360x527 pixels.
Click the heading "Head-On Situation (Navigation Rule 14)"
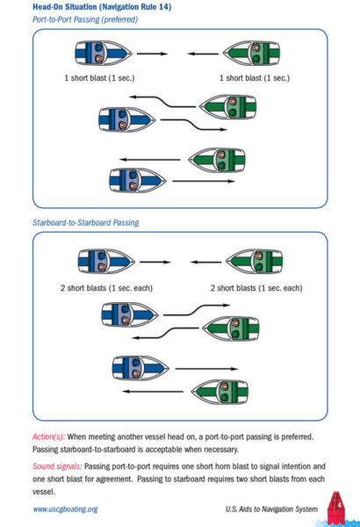pyautogui.click(x=102, y=7)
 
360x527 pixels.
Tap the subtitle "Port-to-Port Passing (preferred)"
pyautogui.click(x=85, y=19)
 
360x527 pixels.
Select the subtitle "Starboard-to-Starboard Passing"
pyautogui.click(x=86, y=222)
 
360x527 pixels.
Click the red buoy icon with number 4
pyautogui.click(x=336, y=507)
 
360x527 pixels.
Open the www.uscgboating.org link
pyautogui.click(x=65, y=509)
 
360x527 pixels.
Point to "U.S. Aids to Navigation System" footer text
pyautogui.click(x=271, y=509)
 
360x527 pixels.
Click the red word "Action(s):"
pyautogui.click(x=48, y=437)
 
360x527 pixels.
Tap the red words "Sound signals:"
pyautogui.click(x=57, y=466)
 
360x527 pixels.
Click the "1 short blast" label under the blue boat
pyautogui.click(x=99, y=78)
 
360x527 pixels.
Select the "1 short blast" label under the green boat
pyautogui.click(x=255, y=78)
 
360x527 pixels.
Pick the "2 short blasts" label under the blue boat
pyautogui.click(x=106, y=288)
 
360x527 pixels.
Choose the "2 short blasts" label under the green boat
pyautogui.click(x=256, y=288)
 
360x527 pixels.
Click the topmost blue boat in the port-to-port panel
pyautogui.click(x=104, y=53)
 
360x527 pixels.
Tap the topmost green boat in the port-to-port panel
pyautogui.click(x=251, y=53)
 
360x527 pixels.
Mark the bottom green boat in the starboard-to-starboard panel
pyautogui.click(x=220, y=392)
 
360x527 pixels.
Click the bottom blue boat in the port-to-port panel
pyautogui.click(x=138, y=180)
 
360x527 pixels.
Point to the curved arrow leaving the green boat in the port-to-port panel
pyautogui.click(x=163, y=102)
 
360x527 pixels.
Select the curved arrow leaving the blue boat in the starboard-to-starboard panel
pyautogui.click(x=197, y=309)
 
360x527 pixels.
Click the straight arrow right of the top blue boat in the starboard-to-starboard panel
pyautogui.click(x=155, y=262)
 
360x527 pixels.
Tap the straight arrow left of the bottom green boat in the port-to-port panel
pyautogui.click(x=150, y=159)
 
